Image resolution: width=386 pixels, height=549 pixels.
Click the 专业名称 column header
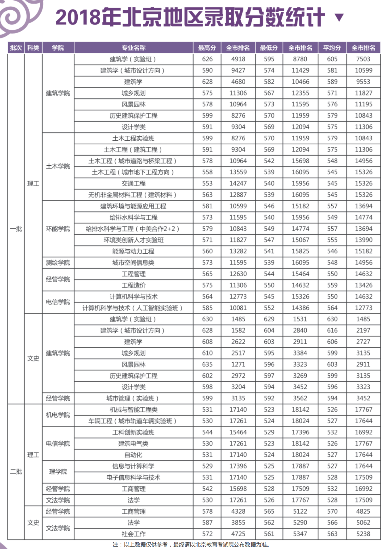133,48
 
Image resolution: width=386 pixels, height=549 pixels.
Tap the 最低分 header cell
269,48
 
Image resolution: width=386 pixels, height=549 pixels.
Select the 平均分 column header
332,48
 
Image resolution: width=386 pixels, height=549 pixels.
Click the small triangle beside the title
339,18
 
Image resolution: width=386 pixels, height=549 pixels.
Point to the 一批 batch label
16,229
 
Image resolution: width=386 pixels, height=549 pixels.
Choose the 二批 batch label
16,472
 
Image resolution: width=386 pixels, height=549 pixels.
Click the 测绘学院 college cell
58,263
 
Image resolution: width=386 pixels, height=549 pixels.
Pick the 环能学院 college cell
58,229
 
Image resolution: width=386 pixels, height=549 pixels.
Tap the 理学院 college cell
58,472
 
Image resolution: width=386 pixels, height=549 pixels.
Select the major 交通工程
133,183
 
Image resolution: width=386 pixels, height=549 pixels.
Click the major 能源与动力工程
133,251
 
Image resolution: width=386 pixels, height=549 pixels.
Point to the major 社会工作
133,534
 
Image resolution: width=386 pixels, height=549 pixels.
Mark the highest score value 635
207,364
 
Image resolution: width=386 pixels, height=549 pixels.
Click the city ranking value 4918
238,59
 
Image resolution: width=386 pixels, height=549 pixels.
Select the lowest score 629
269,319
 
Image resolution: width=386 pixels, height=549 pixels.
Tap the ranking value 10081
238,308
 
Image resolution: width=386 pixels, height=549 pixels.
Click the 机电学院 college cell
58,415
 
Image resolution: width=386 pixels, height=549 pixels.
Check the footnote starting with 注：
191,544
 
